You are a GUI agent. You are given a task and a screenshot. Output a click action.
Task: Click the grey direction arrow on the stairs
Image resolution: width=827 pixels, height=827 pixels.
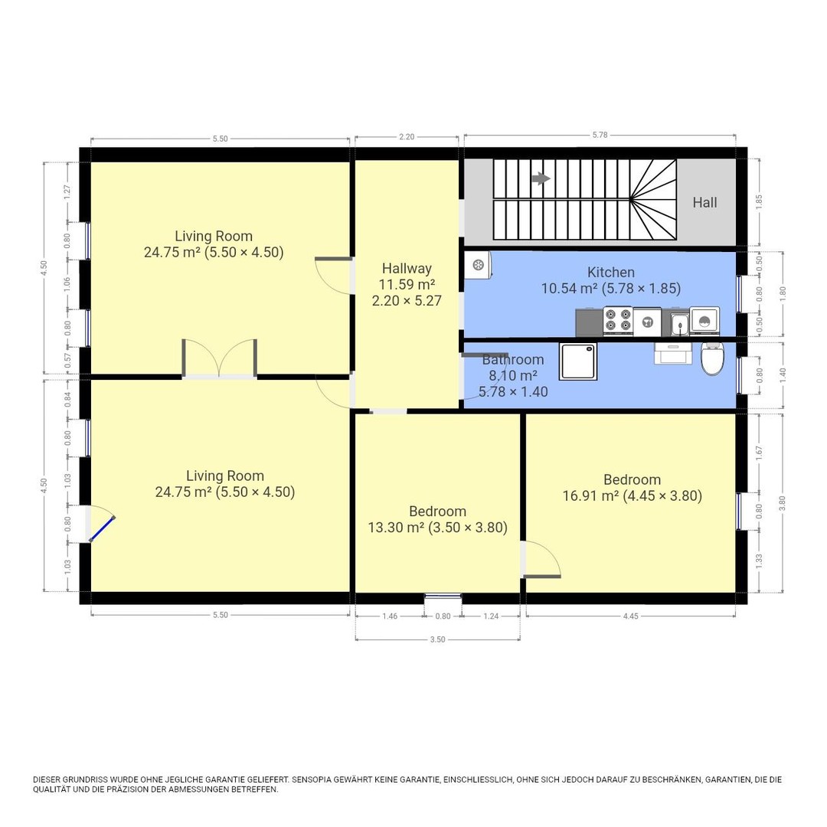tap(541, 178)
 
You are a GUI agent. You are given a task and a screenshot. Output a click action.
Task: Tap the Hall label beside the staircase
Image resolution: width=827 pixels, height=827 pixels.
tap(704, 202)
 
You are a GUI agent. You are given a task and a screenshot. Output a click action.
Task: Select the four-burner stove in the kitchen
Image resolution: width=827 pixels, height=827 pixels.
tap(618, 320)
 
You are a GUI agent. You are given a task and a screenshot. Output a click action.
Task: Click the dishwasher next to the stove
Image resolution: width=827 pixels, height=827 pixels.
tap(647, 322)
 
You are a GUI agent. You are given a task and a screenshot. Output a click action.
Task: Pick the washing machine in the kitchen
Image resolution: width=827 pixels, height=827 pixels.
tap(704, 319)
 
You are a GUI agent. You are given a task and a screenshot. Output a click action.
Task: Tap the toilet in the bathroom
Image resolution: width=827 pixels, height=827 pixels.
tap(712, 358)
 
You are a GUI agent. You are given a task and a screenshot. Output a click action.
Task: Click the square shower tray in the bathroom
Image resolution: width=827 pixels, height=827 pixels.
tap(579, 361)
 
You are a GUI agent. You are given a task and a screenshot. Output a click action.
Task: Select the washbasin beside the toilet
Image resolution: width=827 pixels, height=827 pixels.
tap(673, 353)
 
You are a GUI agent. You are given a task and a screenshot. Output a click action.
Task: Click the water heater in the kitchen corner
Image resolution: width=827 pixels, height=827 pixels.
tap(478, 265)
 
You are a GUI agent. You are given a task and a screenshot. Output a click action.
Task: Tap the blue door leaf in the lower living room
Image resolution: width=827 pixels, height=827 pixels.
tap(103, 528)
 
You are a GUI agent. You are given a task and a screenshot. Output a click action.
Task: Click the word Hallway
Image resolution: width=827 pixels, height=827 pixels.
tap(407, 269)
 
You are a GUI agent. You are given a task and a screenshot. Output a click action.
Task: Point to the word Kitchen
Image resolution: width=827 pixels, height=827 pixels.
tap(611, 272)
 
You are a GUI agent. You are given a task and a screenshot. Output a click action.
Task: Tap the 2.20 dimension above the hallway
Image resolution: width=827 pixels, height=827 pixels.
tap(407, 136)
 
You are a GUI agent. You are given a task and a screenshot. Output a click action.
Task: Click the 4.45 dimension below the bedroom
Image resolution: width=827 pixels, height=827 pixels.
tap(631, 616)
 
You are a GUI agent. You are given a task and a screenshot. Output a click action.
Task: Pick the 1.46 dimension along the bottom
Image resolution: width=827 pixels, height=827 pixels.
tap(390, 616)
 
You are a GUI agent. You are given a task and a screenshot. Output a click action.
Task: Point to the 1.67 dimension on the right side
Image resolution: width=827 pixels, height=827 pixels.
tap(759, 452)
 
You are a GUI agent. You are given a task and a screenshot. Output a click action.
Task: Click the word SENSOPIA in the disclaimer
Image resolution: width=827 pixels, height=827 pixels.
tap(312, 780)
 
